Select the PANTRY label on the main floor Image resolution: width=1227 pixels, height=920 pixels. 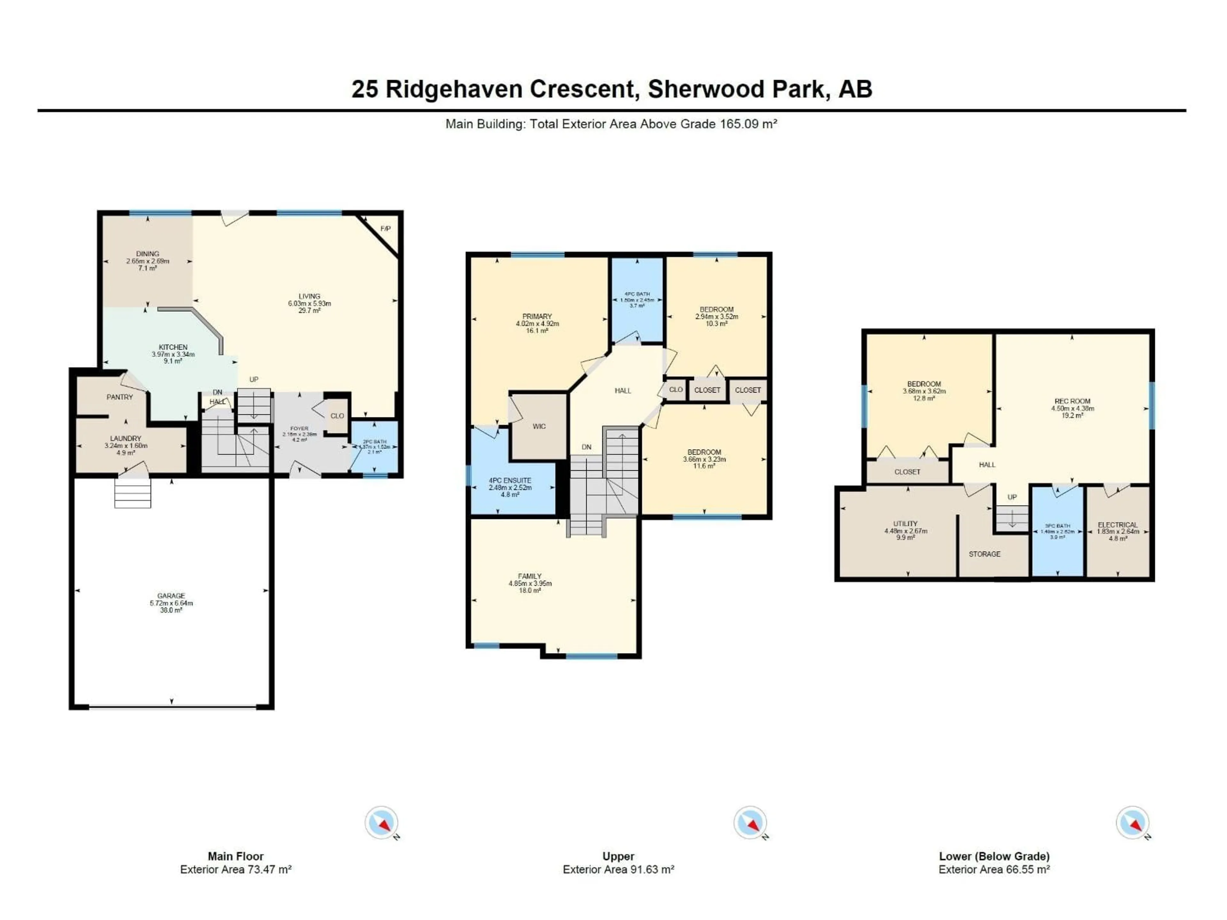pos(120,397)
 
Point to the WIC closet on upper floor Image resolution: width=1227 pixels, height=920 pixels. pos(539,426)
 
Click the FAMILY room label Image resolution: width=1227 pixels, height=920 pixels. pos(530,577)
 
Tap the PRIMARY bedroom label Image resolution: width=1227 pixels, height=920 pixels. pos(537,317)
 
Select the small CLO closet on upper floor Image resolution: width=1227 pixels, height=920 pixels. pos(675,390)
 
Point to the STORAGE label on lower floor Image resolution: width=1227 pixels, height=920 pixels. pos(984,554)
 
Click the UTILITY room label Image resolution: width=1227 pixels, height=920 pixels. pos(905,524)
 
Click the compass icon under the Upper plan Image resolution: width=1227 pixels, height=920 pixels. pos(750,822)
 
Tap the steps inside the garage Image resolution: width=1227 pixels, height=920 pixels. pos(133,493)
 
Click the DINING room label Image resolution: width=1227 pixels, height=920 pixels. pos(148,254)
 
